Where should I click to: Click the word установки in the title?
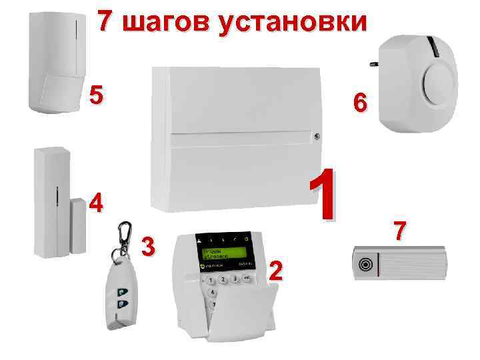[293, 21]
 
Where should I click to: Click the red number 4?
[96, 203]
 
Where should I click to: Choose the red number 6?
[359, 103]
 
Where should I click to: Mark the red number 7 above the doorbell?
[399, 231]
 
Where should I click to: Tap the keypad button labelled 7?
[213, 305]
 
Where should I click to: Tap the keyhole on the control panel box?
[319, 137]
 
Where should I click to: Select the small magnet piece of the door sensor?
[78, 229]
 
